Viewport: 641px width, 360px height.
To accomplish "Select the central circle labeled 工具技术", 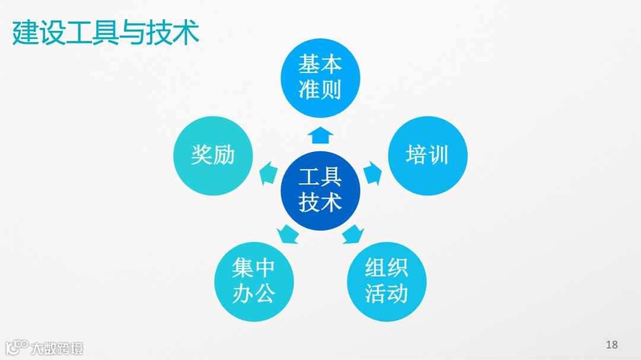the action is (320, 190).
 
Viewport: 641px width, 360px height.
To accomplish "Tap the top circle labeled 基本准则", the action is (320, 77).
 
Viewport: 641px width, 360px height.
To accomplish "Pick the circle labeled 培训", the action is (427, 155).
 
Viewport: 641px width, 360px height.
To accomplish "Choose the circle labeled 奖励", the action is (213, 155).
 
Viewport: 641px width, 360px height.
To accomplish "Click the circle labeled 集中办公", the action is (253, 281).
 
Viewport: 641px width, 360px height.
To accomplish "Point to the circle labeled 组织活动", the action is (386, 281).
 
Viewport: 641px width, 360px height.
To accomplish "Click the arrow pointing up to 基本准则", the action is (320, 135).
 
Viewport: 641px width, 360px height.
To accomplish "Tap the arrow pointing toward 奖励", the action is (268, 173).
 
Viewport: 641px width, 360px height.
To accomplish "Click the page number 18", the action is (612, 345).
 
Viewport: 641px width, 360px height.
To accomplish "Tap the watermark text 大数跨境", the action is (57, 348).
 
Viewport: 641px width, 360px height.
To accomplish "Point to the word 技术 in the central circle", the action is (320, 203).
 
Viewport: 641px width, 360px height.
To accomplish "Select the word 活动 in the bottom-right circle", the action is (386, 294).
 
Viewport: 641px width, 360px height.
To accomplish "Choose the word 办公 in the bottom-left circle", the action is (253, 294).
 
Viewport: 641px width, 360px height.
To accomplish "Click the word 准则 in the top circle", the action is (320, 90).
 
